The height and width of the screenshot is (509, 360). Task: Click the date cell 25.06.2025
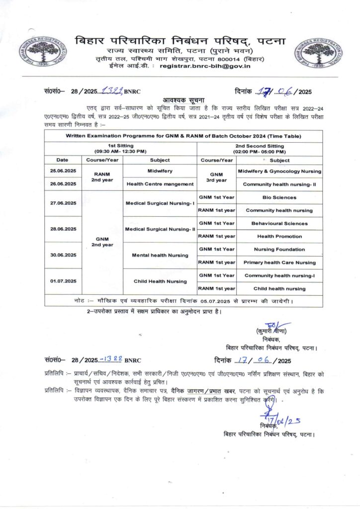(62, 171)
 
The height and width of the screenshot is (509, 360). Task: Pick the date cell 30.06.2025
(62, 255)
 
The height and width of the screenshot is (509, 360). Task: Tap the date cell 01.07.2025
(62, 281)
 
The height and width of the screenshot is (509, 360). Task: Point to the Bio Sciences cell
(279, 197)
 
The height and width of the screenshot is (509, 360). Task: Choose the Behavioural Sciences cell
(279, 223)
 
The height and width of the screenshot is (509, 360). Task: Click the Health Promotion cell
(279, 236)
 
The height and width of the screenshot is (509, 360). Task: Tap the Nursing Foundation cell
(279, 249)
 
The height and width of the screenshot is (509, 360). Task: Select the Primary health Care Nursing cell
(279, 262)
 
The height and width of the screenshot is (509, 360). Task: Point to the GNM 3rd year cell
(216, 178)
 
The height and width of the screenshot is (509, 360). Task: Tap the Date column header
(62, 160)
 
